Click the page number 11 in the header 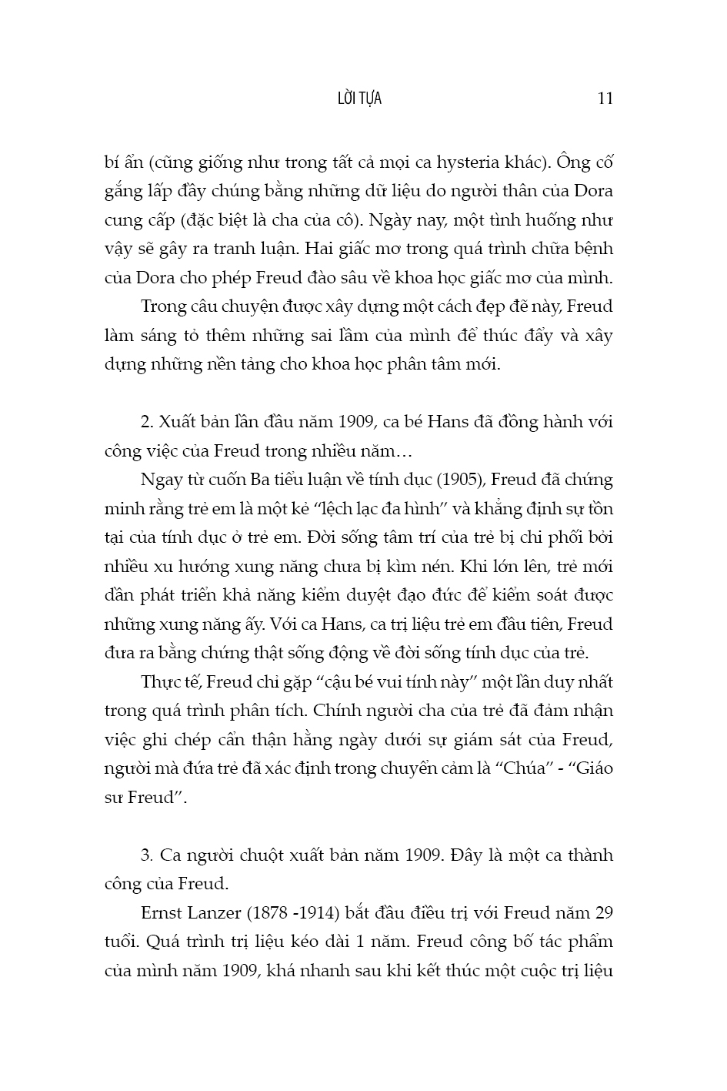click(605, 99)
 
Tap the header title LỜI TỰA click(359, 99)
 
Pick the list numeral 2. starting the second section click(148, 423)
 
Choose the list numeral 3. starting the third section click(148, 856)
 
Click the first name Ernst click(163, 914)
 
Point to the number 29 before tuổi click(605, 914)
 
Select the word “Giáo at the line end click(591, 768)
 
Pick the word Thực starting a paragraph click(162, 682)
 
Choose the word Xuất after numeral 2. click(180, 423)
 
